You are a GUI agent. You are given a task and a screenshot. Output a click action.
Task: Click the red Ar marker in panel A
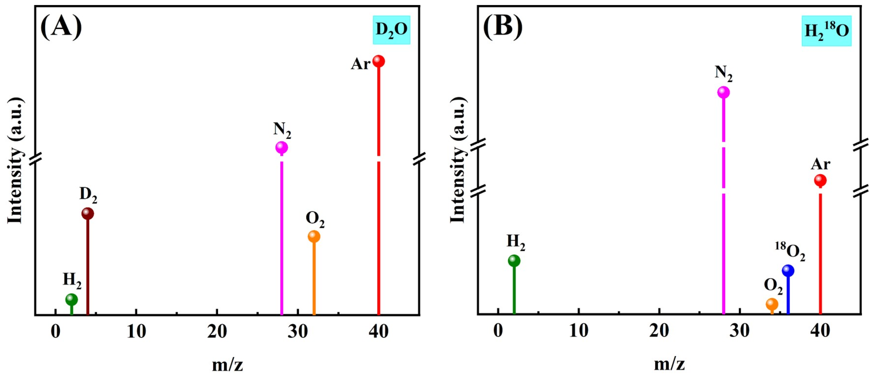(x=378, y=61)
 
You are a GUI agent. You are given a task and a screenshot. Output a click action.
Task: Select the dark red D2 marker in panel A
(x=88, y=213)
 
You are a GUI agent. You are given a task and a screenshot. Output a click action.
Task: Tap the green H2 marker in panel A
(x=71, y=299)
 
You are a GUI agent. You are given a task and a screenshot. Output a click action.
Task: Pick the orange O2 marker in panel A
(x=314, y=236)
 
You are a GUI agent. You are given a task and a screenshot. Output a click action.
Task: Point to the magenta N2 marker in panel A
(x=282, y=147)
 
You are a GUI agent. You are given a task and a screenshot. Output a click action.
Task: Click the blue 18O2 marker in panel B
(x=788, y=271)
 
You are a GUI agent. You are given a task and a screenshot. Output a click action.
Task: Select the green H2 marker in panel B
(x=514, y=261)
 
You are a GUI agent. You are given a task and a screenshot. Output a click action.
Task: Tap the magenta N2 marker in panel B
(x=724, y=92)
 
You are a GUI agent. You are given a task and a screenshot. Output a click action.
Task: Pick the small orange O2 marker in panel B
(x=772, y=304)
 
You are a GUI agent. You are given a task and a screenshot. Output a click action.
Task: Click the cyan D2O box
(x=391, y=30)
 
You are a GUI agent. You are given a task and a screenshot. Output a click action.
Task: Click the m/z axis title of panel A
(x=228, y=365)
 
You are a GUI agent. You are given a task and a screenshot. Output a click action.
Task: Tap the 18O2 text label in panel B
(x=790, y=252)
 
